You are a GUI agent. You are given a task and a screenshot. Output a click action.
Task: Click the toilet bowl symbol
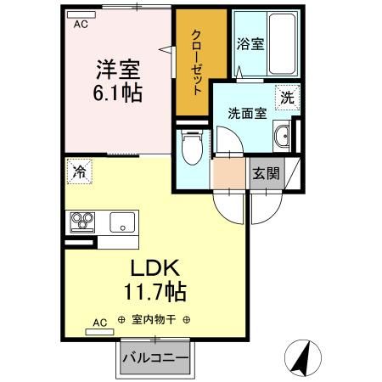click(x=193, y=148)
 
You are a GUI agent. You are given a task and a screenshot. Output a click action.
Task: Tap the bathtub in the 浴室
click(x=282, y=44)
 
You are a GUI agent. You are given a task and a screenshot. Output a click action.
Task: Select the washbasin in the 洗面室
click(x=282, y=137)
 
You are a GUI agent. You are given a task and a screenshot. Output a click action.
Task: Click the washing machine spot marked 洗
click(x=287, y=98)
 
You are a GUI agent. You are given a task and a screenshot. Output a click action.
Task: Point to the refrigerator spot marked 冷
click(x=80, y=171)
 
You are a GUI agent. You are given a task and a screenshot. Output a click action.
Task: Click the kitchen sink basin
click(x=122, y=222)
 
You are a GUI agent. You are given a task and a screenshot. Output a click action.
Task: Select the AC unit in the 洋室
click(x=81, y=14)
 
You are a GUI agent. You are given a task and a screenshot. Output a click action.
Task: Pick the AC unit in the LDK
click(x=99, y=332)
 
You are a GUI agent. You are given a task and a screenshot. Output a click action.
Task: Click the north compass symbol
click(x=303, y=358)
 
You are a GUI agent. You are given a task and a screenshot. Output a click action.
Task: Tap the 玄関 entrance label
click(x=266, y=173)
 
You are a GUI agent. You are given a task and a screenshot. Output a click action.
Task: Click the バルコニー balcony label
click(x=155, y=358)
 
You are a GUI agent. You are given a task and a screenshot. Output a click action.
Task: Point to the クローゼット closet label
click(x=196, y=62)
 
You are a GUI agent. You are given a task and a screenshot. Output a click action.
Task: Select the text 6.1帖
click(x=118, y=93)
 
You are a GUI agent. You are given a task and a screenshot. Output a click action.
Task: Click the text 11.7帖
click(x=155, y=292)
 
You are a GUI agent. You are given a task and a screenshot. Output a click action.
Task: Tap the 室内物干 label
click(x=154, y=320)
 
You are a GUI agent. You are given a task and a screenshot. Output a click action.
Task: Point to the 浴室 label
click(x=250, y=44)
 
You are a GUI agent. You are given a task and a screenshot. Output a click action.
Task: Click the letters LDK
click(x=155, y=267)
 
